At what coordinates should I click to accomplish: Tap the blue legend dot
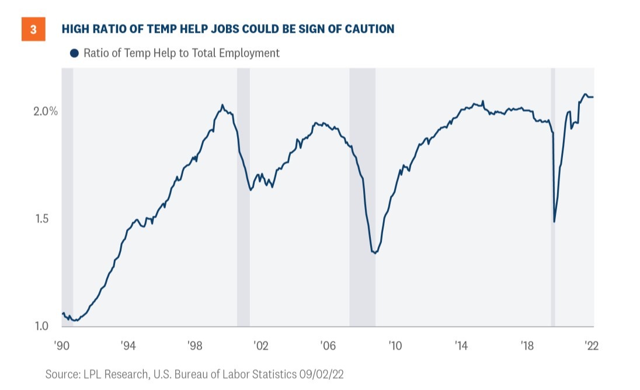(x=74, y=53)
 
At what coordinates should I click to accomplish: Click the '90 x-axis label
(x=62, y=346)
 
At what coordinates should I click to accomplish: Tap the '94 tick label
(x=128, y=346)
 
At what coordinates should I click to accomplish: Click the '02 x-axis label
(x=262, y=346)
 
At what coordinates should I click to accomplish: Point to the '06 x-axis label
(x=328, y=346)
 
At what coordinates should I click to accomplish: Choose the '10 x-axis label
(x=395, y=346)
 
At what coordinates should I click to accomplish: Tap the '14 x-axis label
(x=461, y=346)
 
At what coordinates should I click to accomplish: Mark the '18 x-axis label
(x=528, y=346)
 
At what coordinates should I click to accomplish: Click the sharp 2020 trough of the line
(x=554, y=222)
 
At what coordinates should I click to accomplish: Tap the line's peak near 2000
(x=222, y=105)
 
